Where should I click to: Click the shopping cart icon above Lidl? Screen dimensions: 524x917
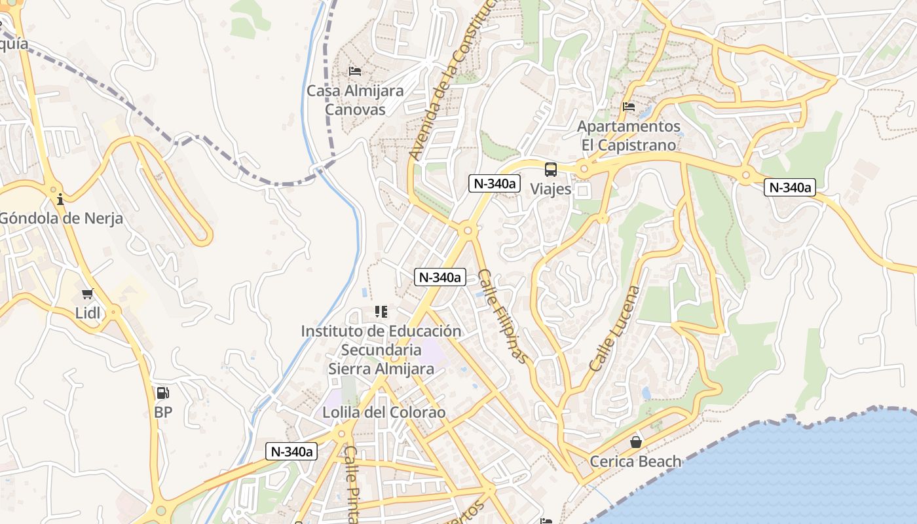pyautogui.click(x=88, y=293)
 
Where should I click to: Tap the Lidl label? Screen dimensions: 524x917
pyautogui.click(x=88, y=313)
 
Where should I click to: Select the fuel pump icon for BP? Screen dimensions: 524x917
pyautogui.click(x=162, y=393)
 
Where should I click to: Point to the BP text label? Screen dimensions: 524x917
pyautogui.click(x=163, y=413)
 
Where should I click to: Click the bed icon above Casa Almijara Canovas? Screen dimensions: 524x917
pyautogui.click(x=355, y=71)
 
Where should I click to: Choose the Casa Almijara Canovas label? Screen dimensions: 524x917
pyautogui.click(x=355, y=100)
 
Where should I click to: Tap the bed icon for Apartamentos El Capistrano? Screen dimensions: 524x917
pyautogui.click(x=629, y=106)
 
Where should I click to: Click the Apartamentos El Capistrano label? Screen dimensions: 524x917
pyautogui.click(x=629, y=135)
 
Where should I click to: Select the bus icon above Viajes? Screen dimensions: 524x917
pyautogui.click(x=551, y=170)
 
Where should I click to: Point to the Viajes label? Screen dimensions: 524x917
pyautogui.click(x=551, y=189)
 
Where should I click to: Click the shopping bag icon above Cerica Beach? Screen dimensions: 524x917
pyautogui.click(x=635, y=442)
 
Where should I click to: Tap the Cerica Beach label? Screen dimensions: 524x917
pyautogui.click(x=635, y=461)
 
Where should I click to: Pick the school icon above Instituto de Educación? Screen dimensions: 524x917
pyautogui.click(x=381, y=311)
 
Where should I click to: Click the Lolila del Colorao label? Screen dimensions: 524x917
pyautogui.click(x=384, y=413)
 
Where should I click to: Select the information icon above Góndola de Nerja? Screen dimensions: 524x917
pyautogui.click(x=60, y=199)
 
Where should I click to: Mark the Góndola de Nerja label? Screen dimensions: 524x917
pyautogui.click(x=61, y=218)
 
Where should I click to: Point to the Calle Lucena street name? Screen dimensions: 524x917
pyautogui.click(x=614, y=329)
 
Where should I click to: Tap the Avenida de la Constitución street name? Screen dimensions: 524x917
pyautogui.click(x=451, y=79)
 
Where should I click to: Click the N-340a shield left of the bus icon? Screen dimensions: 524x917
pyautogui.click(x=495, y=184)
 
